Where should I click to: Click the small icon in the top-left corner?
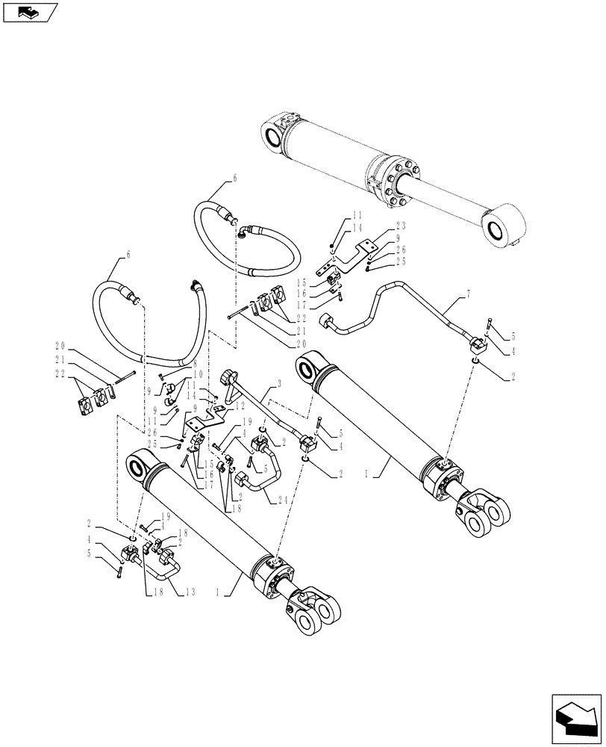(x=29, y=11)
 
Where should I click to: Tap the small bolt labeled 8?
(x=160, y=376)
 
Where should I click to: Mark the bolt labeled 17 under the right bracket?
(x=340, y=297)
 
